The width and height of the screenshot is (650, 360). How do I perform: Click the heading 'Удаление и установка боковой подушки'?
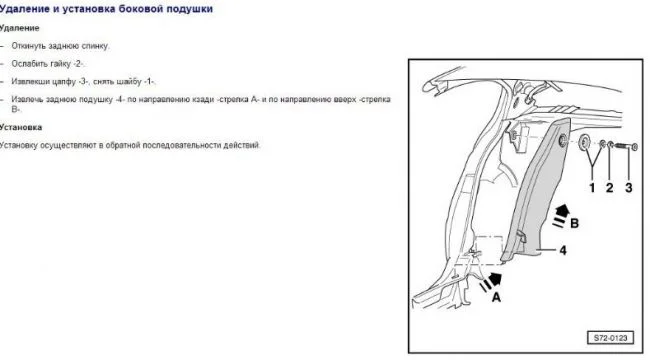click(106, 9)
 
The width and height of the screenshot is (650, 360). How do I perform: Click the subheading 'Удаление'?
click(19, 28)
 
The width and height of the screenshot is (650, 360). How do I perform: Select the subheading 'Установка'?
click(21, 127)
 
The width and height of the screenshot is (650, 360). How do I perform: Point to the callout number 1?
click(592, 188)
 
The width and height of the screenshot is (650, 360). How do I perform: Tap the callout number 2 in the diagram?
click(609, 188)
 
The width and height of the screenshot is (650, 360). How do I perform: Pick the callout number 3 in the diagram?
click(628, 188)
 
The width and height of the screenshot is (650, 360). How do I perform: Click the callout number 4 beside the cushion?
click(563, 250)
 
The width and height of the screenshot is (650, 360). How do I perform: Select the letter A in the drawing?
click(496, 297)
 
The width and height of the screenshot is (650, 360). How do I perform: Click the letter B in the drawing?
click(574, 224)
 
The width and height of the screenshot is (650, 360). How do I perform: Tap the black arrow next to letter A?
click(492, 281)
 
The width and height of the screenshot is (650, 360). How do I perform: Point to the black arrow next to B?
click(561, 215)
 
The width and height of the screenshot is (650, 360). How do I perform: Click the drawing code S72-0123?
click(610, 338)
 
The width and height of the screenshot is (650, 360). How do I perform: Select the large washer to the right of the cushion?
click(585, 142)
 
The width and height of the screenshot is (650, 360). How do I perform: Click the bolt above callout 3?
click(626, 146)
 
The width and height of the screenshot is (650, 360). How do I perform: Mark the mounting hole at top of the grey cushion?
click(563, 141)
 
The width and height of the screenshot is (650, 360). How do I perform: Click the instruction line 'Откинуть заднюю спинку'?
click(60, 46)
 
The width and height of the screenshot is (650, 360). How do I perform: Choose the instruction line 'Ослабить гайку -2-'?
click(48, 64)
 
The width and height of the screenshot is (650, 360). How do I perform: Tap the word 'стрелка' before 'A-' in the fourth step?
click(234, 100)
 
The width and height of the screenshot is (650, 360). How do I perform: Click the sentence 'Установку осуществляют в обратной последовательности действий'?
click(130, 145)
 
